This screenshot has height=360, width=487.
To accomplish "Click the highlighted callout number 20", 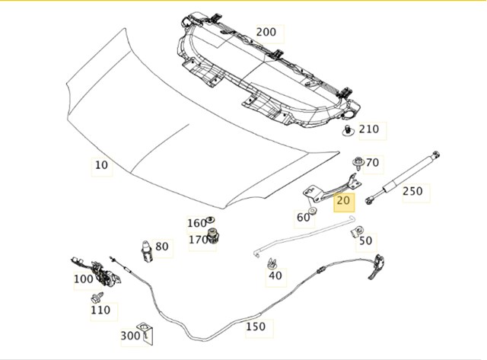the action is (343, 200).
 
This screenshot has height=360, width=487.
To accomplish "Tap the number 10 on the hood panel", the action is (101, 165).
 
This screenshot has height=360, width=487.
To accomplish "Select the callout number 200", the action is (266, 32).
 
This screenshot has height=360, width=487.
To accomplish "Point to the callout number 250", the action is (412, 191).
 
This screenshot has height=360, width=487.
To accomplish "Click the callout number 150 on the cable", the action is (256, 327).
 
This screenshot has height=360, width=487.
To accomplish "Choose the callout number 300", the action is (130, 336).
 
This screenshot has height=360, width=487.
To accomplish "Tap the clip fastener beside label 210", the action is (349, 130).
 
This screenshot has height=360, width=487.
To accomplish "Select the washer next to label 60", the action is (313, 212).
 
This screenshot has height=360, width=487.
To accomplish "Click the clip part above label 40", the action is (272, 263).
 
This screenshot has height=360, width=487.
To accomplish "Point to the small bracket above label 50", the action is (357, 231).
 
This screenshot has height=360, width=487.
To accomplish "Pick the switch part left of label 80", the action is (147, 251).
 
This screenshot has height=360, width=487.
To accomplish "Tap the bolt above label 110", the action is (97, 298).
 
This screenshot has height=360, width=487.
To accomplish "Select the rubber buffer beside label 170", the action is (213, 236).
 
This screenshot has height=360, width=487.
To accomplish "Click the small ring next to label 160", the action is (211, 220).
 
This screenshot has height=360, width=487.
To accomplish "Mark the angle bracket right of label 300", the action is (147, 333).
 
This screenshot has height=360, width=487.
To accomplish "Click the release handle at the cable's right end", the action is (377, 267).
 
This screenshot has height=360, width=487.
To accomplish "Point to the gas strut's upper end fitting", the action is (436, 155).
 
